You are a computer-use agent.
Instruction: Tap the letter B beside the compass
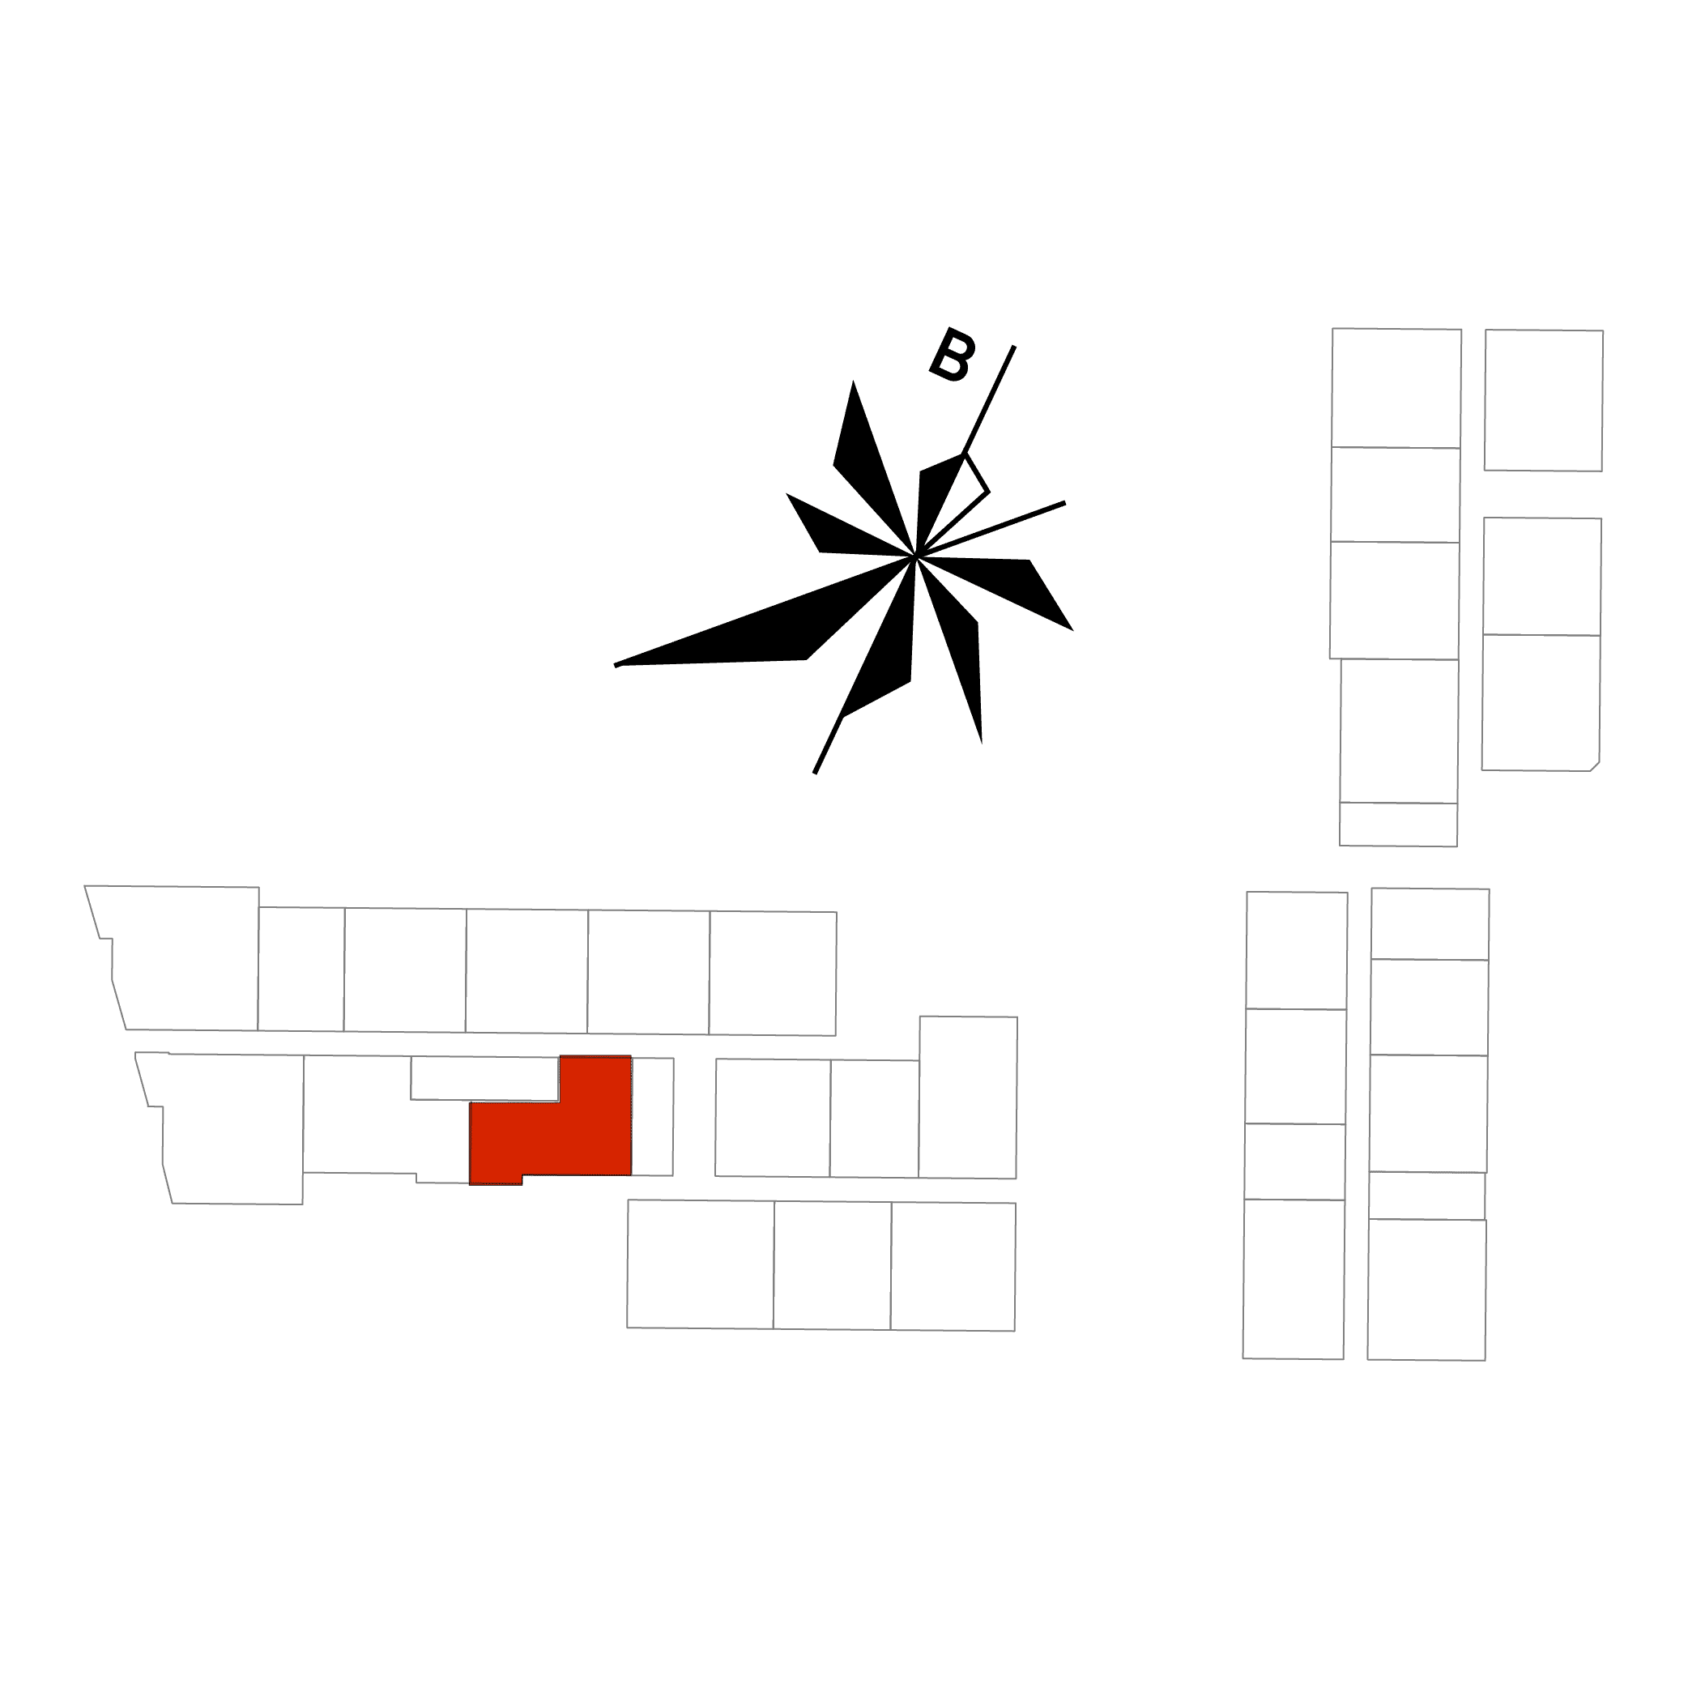(952, 355)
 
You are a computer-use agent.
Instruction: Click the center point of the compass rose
(914, 556)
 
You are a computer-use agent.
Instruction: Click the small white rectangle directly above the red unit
(485, 1078)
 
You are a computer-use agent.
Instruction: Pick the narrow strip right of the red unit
(653, 1117)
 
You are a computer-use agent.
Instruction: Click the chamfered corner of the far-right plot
(1595, 766)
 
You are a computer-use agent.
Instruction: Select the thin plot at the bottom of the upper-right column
(1398, 824)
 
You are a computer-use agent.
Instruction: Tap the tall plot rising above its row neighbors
(967, 1098)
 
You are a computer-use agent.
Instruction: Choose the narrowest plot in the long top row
(301, 969)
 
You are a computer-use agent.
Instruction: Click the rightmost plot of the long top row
(773, 974)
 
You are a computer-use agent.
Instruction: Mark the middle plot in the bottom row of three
(832, 1265)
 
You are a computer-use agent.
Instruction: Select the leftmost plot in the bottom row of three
(701, 1264)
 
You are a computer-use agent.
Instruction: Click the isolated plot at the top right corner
(1544, 400)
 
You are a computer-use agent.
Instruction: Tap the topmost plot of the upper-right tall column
(1396, 388)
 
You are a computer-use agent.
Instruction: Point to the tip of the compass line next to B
(1013, 346)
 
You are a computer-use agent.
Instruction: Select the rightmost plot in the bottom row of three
(953, 1267)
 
